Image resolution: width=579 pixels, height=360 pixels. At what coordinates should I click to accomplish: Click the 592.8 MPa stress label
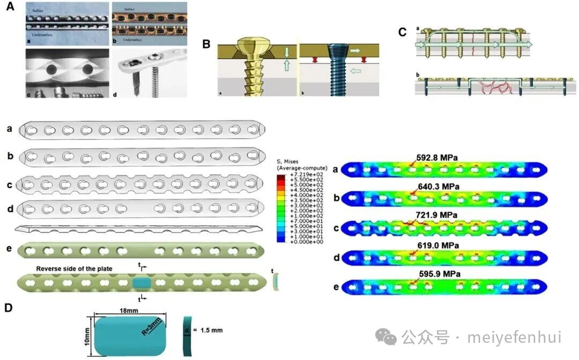[439, 157]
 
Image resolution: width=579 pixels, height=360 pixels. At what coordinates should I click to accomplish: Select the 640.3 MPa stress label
[439, 186]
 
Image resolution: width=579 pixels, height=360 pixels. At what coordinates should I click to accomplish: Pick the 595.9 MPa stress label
[439, 273]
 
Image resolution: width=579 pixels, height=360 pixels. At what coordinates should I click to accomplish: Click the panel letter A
[9, 9]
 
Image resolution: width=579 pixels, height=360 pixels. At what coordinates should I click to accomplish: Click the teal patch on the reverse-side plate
[142, 282]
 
